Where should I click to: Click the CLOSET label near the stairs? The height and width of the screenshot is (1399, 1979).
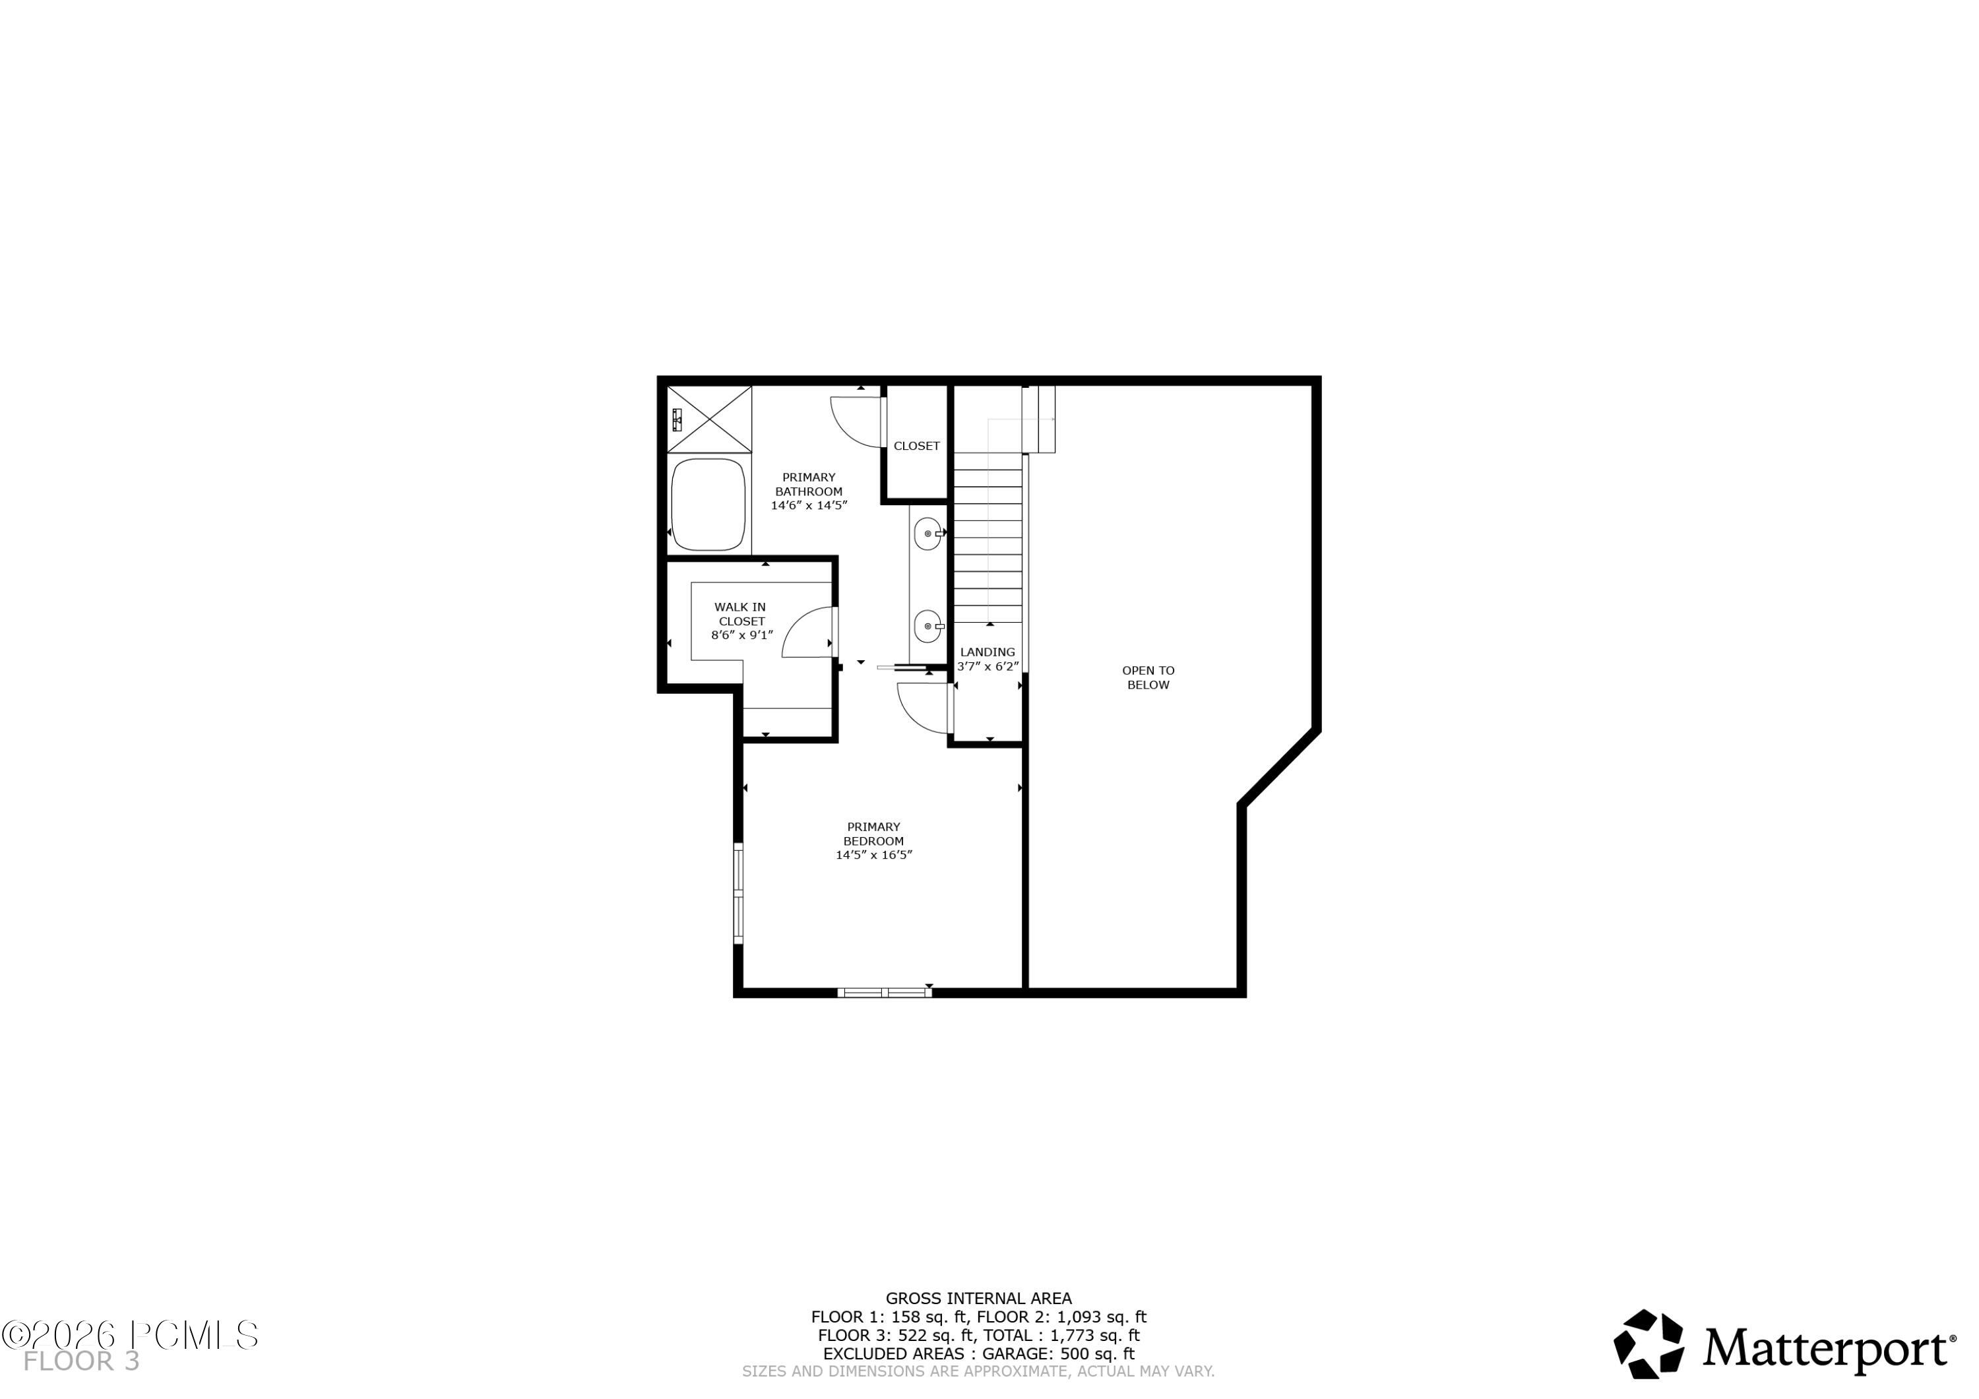[916, 446]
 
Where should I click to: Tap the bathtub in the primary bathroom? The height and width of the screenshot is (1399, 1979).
[708, 505]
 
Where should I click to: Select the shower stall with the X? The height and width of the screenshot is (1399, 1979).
[709, 419]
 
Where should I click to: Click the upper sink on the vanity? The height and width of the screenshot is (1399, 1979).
[927, 534]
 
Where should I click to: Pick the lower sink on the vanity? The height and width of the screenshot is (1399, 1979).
[927, 626]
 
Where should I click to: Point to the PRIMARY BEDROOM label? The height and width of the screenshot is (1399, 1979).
[873, 834]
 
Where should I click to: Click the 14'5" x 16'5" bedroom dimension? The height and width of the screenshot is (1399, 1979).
[873, 855]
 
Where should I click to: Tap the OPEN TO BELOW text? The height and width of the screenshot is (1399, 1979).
[1148, 677]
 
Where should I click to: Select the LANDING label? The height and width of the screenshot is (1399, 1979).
[988, 652]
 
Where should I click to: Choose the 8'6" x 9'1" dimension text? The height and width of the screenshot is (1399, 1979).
[741, 635]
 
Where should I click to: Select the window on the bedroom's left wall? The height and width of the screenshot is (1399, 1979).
[739, 894]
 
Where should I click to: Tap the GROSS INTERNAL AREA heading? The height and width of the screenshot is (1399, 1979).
[978, 1298]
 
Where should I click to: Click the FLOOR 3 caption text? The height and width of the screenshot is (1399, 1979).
[81, 1362]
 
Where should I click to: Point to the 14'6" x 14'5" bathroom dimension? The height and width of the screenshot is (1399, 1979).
[809, 505]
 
